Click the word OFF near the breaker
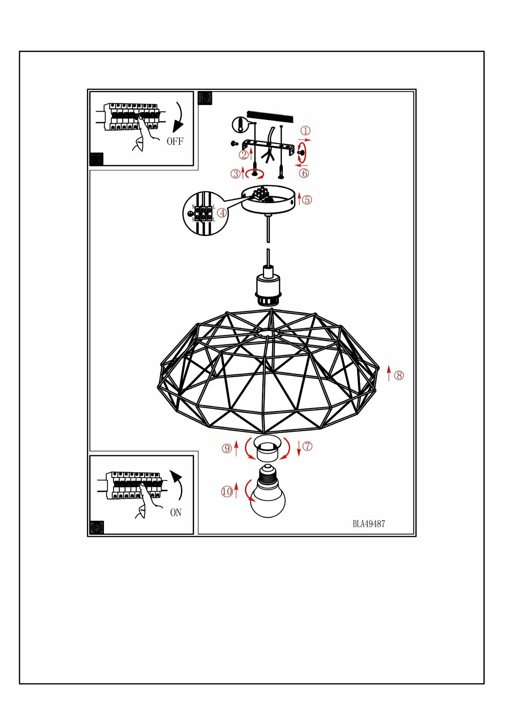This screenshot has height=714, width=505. point(175,141)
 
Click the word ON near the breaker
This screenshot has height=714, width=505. point(176,513)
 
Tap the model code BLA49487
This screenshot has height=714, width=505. point(369,524)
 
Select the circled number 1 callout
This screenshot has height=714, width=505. point(306,131)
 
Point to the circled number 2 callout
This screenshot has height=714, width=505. point(244,155)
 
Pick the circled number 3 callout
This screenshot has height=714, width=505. point(236,174)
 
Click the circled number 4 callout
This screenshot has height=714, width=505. point(222,213)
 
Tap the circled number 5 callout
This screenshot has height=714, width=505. point(307,200)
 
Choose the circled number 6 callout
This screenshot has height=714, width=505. point(304,173)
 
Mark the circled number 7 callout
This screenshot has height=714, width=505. point(307,446)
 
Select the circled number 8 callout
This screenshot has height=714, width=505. point(399,375)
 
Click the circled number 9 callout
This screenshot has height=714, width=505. point(227,448)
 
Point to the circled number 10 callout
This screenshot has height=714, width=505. point(227,492)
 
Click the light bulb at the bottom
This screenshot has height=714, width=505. point(268,496)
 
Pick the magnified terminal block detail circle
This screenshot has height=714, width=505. point(204,213)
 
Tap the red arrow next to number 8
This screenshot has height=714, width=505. point(389,373)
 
